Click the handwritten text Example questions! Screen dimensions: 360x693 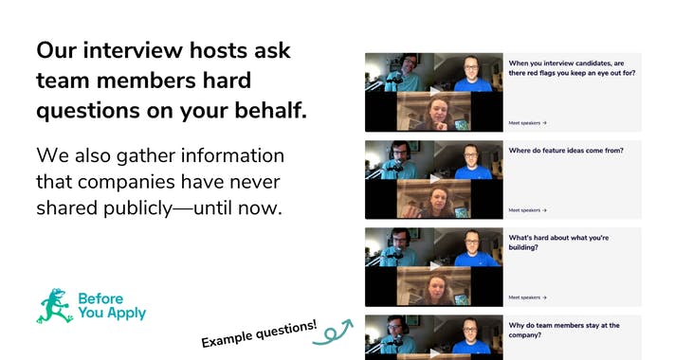coord(258,333)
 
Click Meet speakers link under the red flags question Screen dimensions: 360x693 coord(527,122)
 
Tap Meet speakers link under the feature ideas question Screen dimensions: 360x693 coord(527,210)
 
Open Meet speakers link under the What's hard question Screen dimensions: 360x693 coord(527,297)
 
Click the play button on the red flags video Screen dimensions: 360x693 coord(434,91)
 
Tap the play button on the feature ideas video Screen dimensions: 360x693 coord(434,178)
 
